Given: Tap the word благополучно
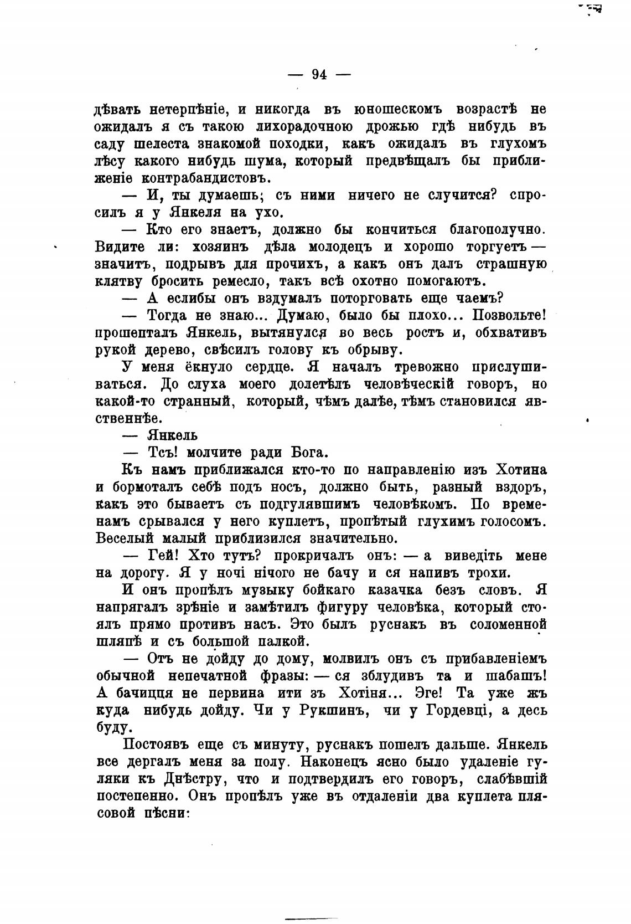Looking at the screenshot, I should (498, 229).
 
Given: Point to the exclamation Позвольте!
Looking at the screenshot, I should (509, 316).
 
